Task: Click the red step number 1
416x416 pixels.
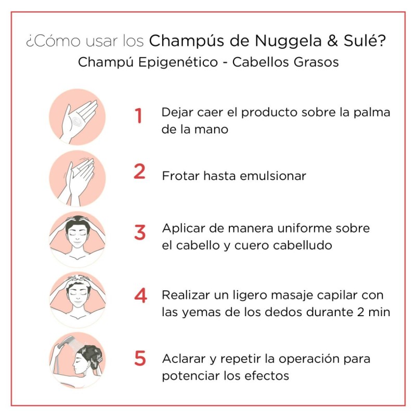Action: (x=138, y=115)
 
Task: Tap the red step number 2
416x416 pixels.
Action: (x=139, y=172)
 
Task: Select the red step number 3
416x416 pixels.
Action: (x=139, y=232)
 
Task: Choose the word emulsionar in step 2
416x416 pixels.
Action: (x=273, y=175)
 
